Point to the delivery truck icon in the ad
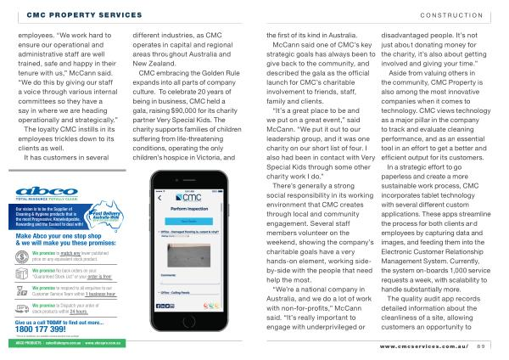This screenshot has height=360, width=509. point(21,309)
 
